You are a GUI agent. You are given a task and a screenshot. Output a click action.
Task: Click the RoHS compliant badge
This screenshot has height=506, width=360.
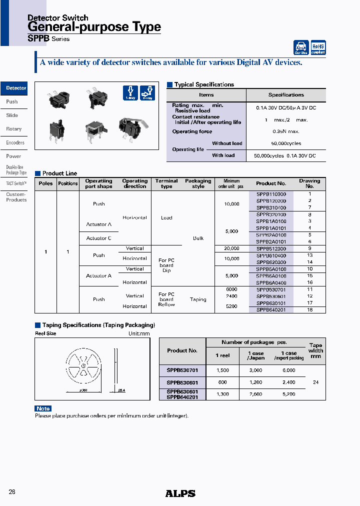pyautogui.click(x=318, y=47)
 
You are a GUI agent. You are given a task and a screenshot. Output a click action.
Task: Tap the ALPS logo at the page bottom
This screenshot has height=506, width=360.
pyautogui.click(x=180, y=493)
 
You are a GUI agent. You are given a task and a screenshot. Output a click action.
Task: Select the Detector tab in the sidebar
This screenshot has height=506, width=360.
pyautogui.click(x=15, y=88)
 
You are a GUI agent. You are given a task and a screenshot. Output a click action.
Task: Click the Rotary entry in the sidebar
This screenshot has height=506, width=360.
pyautogui.click(x=14, y=129)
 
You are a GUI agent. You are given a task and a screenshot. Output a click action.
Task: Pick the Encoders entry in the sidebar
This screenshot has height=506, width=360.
pyautogui.click(x=15, y=142)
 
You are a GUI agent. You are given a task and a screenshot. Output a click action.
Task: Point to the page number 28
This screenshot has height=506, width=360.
pyautogui.click(x=12, y=492)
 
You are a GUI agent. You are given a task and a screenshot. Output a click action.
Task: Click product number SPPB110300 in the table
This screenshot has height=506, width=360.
pyautogui.click(x=271, y=194)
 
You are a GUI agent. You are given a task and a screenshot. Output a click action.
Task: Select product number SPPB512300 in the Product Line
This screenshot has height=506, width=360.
pyautogui.click(x=271, y=248)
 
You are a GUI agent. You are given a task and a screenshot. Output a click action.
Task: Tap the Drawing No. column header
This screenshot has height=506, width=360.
pyautogui.click(x=309, y=183)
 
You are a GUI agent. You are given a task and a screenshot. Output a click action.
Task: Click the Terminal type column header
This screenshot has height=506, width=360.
pyautogui.click(x=166, y=183)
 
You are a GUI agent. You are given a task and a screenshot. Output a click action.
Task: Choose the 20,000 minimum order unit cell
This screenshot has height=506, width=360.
pyautogui.click(x=231, y=248)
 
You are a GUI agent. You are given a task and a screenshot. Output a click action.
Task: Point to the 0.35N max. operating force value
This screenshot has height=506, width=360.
pyautogui.click(x=286, y=131)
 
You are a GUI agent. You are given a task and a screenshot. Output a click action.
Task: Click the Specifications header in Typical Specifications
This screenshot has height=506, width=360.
pyautogui.click(x=286, y=95)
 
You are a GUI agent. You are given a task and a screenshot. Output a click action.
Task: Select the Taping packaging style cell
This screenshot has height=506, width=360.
pyautogui.click(x=198, y=299)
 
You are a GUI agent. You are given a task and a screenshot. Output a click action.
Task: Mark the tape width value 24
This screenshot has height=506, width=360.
pyautogui.click(x=315, y=382)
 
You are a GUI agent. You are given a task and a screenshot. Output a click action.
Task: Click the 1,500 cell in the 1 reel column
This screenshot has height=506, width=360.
pyautogui.click(x=223, y=370)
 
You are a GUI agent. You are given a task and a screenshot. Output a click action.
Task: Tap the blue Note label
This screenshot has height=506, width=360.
pyautogui.click(x=43, y=408)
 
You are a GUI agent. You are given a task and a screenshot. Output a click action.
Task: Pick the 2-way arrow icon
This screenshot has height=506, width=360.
pyautogui.click(x=147, y=93)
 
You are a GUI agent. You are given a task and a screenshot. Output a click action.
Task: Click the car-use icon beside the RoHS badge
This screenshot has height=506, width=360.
pyautogui.click(x=301, y=47)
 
